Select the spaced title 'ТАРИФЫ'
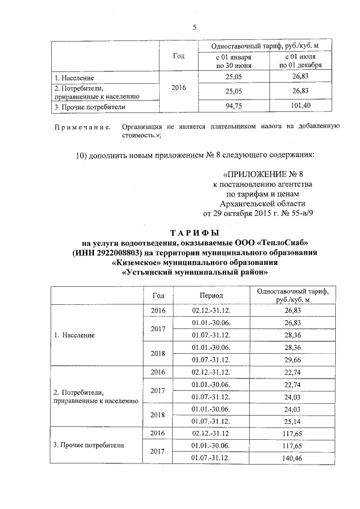click(x=195, y=232)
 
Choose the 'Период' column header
click(x=211, y=295)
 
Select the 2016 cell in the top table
click(x=177, y=88)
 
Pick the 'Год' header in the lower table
click(x=159, y=295)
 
